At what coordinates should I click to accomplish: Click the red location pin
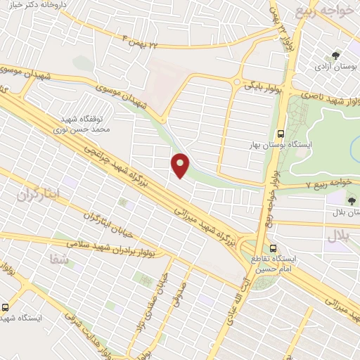181,165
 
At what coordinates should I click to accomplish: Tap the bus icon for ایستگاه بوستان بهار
281,133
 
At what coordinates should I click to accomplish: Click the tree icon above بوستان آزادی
334,55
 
